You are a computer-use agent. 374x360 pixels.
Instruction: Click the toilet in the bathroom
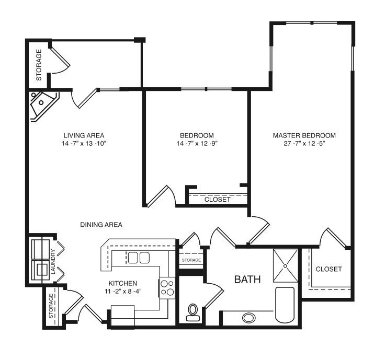click(192, 312)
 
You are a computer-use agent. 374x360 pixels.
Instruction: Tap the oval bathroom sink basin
click(249, 318)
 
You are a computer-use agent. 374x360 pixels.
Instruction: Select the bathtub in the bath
click(285, 305)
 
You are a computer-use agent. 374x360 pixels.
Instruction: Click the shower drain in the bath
click(285, 265)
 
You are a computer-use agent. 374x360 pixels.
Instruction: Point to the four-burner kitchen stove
click(167, 288)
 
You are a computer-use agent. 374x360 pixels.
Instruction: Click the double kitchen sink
click(139, 258)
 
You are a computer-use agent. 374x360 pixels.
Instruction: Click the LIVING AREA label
click(84, 135)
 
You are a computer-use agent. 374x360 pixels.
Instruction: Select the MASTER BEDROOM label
click(304, 135)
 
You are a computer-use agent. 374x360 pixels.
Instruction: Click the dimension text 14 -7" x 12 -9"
click(197, 144)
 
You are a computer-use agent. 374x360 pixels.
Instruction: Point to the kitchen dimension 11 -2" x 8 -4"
click(123, 291)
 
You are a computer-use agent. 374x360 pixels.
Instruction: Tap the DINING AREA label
click(101, 225)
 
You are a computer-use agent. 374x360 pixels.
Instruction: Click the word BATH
click(247, 279)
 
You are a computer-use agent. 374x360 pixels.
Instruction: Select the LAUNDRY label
click(53, 261)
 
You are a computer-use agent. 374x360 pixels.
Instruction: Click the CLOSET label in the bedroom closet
click(217, 200)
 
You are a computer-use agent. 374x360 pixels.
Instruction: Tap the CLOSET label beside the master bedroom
click(328, 269)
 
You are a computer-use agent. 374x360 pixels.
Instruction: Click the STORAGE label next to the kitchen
click(191, 260)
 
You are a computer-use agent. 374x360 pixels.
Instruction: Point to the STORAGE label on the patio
click(39, 65)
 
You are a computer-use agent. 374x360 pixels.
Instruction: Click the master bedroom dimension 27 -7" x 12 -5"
click(304, 144)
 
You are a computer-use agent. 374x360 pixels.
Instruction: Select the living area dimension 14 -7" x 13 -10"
click(84, 144)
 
